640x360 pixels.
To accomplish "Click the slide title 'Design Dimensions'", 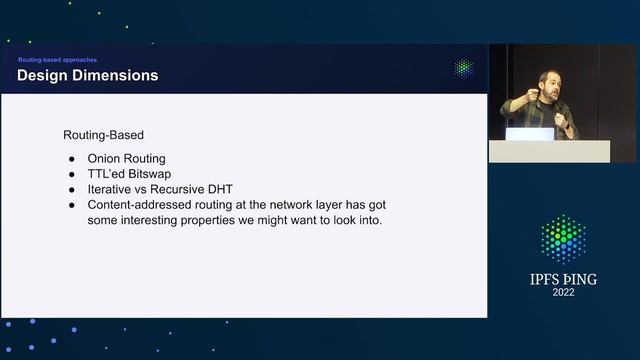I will (x=88, y=76).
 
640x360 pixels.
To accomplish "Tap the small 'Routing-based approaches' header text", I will (x=58, y=60).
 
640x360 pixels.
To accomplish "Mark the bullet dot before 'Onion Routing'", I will (x=71, y=158).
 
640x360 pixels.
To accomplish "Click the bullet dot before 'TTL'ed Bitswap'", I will (x=71, y=173).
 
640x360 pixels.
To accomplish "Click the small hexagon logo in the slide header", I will (x=463, y=68).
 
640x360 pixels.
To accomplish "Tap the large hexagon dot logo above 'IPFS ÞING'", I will (x=563, y=239).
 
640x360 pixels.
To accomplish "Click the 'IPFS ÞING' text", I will (x=563, y=279).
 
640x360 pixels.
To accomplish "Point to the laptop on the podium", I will (x=529, y=133).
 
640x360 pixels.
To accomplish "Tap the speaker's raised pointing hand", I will (x=507, y=100).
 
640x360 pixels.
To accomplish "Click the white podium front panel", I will (x=548, y=151).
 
